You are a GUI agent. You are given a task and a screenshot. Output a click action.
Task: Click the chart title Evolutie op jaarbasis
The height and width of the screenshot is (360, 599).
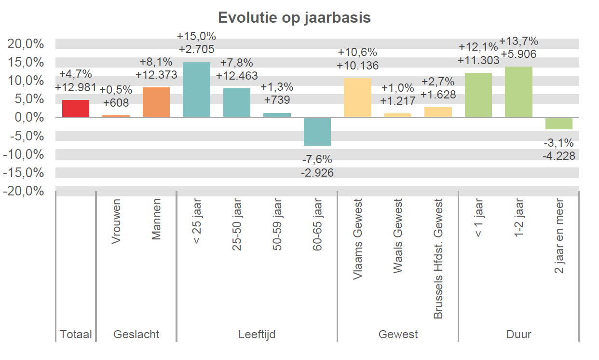point(294,18)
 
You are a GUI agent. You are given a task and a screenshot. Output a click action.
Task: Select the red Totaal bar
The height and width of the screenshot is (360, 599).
point(76,109)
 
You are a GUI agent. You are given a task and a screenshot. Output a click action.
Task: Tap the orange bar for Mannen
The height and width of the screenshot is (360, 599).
point(156,102)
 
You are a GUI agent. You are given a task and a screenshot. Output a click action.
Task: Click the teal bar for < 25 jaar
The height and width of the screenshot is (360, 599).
point(196,90)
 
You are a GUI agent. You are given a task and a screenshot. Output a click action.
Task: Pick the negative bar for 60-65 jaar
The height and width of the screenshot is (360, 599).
point(317,131)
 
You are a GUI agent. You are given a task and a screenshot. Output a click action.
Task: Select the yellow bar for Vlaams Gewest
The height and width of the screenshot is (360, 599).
point(357,97)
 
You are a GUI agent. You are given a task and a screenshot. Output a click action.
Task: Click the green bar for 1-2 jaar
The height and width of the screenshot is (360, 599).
point(518,92)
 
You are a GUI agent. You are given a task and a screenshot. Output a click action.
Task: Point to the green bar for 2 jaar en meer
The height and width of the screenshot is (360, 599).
point(558,124)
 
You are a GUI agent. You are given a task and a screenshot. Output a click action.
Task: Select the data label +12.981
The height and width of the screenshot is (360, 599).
point(76,87)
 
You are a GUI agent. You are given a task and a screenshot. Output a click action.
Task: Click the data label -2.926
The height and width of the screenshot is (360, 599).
point(317,172)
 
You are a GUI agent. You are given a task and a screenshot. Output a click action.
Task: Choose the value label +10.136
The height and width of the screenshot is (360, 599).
point(357,66)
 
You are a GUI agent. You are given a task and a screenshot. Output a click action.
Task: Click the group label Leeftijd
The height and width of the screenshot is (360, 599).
point(257,334)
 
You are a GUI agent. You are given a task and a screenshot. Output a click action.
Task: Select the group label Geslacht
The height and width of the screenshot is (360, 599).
point(136,334)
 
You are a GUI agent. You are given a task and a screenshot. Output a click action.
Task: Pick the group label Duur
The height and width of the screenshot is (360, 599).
point(518,334)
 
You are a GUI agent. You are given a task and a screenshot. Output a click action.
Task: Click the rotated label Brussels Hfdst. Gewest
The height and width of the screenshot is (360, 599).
point(438,259)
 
